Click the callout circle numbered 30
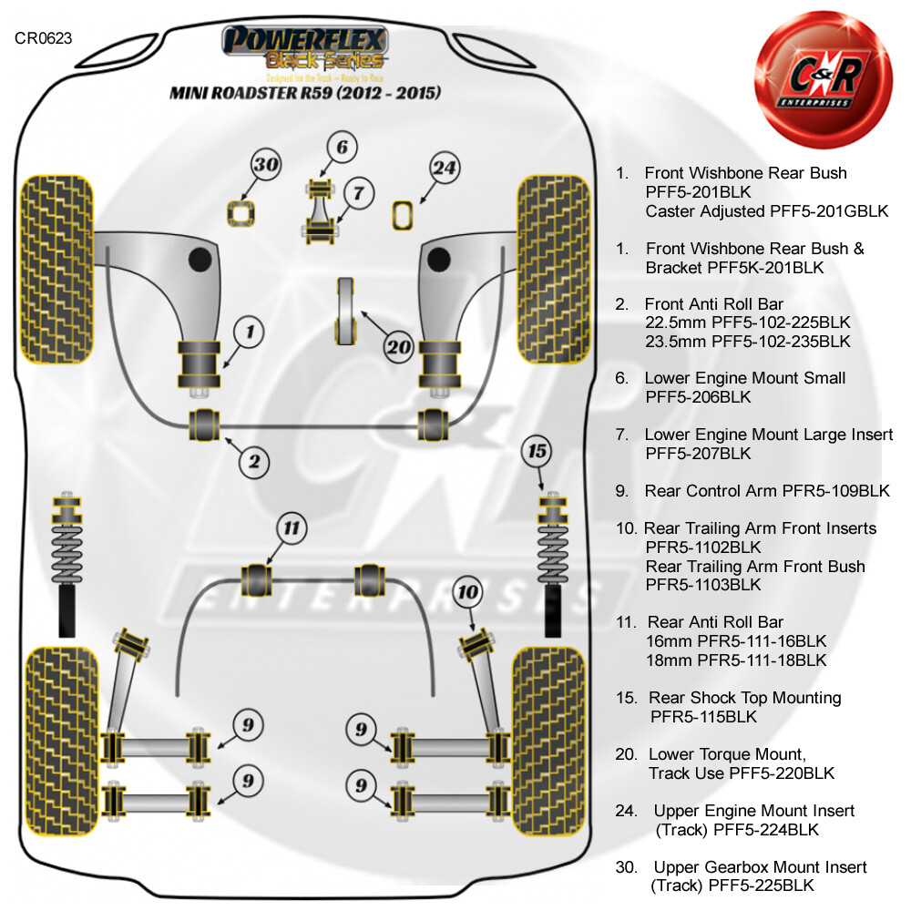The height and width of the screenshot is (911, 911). point(241,165)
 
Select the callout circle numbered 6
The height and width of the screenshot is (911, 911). point(341,148)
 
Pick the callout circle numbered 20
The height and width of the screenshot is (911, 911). point(399,346)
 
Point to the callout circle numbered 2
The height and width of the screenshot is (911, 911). point(255,462)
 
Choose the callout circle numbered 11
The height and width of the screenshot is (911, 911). point(292,527)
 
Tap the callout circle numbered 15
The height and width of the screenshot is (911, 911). point(537,450)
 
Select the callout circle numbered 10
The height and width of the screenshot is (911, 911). point(468,593)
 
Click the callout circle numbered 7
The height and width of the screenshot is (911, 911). point(358,193)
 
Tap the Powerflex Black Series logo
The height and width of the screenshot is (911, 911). point(306,50)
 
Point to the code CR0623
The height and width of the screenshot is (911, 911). point(43,38)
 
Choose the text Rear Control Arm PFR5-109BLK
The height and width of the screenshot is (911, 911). point(766,491)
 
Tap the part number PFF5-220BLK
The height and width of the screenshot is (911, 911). point(782,773)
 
